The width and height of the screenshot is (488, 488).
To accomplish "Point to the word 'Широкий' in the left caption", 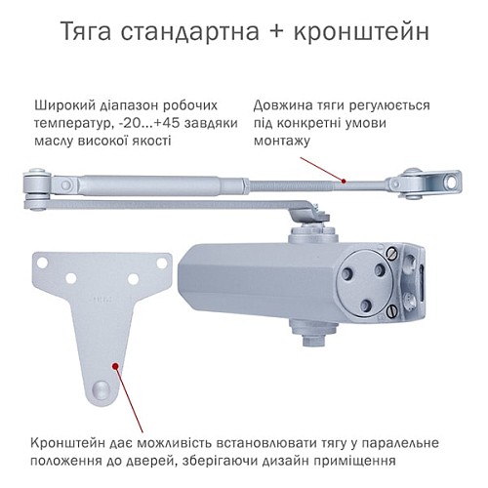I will tap(62, 104).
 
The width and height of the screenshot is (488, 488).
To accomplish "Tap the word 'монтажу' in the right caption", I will tap(282, 141).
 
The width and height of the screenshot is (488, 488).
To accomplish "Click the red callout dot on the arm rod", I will tap(345, 181).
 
